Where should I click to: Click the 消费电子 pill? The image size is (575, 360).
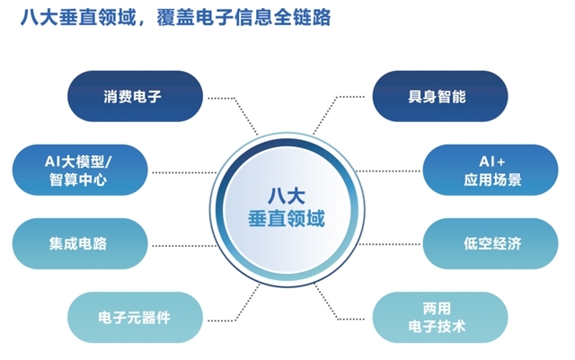point(135,96)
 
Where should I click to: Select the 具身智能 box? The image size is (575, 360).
point(440,96)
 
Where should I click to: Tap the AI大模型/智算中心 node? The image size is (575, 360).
point(80,170)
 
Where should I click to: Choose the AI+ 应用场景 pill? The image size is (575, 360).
point(491,170)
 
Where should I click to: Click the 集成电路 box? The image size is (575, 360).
point(80,244)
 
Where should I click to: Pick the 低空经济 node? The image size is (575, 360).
point(491,244)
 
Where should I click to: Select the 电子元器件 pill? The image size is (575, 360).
point(135,318)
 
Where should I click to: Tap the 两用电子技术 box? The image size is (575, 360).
point(440,318)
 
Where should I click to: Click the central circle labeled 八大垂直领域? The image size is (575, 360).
point(287,210)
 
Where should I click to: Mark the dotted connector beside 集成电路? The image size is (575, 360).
point(184,246)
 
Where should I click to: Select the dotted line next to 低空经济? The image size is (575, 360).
point(389,244)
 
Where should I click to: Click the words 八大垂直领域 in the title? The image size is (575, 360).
point(78,17)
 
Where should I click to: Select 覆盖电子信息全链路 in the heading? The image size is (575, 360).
point(243,17)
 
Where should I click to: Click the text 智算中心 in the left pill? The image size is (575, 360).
point(78,180)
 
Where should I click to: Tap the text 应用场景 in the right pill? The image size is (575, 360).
point(492,180)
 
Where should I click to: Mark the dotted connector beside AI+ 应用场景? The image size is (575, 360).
point(388,171)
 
